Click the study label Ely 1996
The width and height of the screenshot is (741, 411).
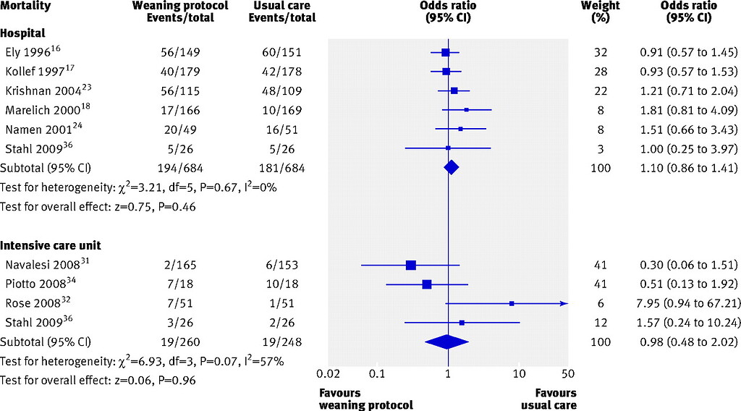32,53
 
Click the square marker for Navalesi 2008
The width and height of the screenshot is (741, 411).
411,266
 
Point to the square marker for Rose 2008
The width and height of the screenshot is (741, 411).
512,304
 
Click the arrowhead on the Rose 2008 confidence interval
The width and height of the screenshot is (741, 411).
564,304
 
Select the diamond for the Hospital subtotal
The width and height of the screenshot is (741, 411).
452,168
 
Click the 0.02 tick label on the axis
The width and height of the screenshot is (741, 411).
328,374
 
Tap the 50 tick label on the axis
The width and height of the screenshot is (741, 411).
568,374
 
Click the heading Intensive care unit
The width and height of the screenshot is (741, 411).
46,245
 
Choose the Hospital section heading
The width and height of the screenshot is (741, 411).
22,33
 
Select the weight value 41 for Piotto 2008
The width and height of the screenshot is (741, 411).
600,284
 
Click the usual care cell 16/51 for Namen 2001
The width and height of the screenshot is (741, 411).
281,129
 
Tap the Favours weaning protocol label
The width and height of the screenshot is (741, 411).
365,398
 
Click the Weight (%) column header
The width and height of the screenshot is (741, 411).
600,12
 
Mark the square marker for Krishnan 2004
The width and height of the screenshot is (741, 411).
454,91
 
